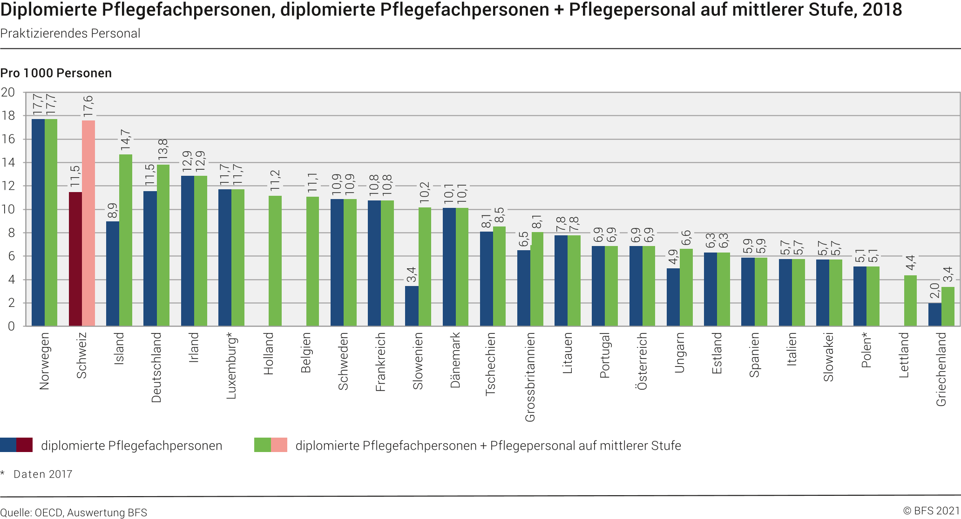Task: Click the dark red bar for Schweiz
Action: [75, 259]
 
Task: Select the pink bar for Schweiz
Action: [88, 223]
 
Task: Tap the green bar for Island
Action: [126, 240]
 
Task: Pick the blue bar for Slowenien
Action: [412, 306]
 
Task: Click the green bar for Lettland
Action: [910, 301]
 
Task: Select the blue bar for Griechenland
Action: [934, 315]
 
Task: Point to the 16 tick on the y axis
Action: [8, 139]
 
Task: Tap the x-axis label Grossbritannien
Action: [530, 377]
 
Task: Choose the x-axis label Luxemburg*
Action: [231, 366]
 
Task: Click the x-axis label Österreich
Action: [642, 361]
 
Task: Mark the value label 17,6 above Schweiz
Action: [88, 106]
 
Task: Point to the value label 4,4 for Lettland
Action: [910, 262]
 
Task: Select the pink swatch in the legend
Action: [279, 445]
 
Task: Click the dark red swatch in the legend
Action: [25, 445]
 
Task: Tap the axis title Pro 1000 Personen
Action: [56, 73]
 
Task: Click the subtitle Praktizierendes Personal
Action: [70, 33]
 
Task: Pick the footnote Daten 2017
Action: [43, 474]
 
